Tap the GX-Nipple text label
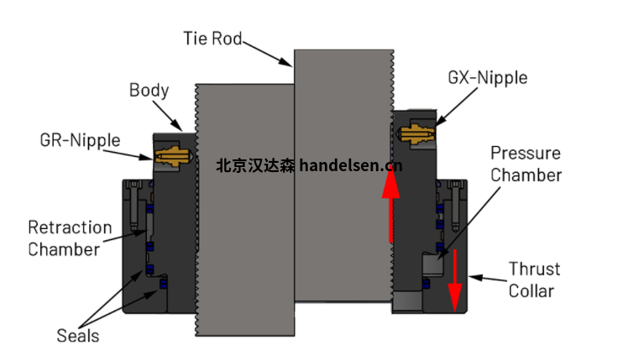488,78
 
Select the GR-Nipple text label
80,140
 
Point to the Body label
149,90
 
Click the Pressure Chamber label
526,164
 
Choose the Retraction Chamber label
70,237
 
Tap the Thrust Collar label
532,279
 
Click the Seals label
78,336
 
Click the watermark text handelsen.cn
350,165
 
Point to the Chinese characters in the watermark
255,165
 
